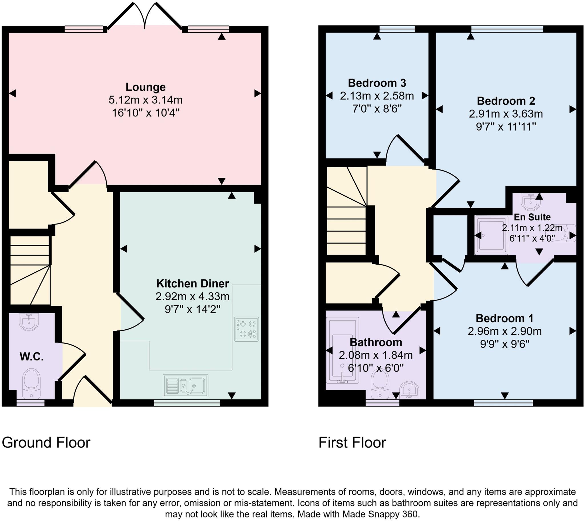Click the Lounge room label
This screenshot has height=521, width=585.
click(145, 87)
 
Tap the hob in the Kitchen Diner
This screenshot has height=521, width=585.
click(247, 329)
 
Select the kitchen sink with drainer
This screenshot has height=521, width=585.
click(185, 386)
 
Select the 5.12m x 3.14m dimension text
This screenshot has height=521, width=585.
click(145, 100)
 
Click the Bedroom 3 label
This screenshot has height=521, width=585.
click(377, 83)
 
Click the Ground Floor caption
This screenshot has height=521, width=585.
click(46, 442)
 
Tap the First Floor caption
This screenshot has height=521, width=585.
click(352, 442)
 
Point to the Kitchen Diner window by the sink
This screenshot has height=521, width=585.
click(187, 403)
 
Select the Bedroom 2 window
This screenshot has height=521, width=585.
click(507, 29)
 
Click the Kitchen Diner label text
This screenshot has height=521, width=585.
click(193, 284)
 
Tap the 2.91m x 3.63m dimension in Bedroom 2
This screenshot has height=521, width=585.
click(506, 114)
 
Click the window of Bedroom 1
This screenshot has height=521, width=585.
click(503, 403)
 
